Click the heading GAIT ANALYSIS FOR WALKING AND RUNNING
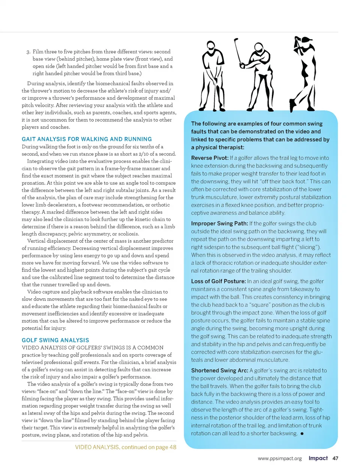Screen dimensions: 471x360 point(87,139)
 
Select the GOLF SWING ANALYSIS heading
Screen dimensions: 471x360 point(55,340)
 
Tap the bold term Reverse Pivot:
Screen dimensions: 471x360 point(210,158)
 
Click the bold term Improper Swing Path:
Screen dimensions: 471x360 point(219,223)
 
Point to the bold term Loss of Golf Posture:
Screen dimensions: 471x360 point(218,281)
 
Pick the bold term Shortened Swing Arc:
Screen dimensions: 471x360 point(219,370)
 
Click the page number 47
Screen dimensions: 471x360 point(335,458)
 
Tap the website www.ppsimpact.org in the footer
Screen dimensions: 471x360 point(280,458)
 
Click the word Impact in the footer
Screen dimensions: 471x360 point(318,458)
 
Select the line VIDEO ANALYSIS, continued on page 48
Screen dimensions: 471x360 point(126,447)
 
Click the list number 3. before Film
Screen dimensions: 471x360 point(28,52)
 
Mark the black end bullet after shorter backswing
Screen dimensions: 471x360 point(302,434)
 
